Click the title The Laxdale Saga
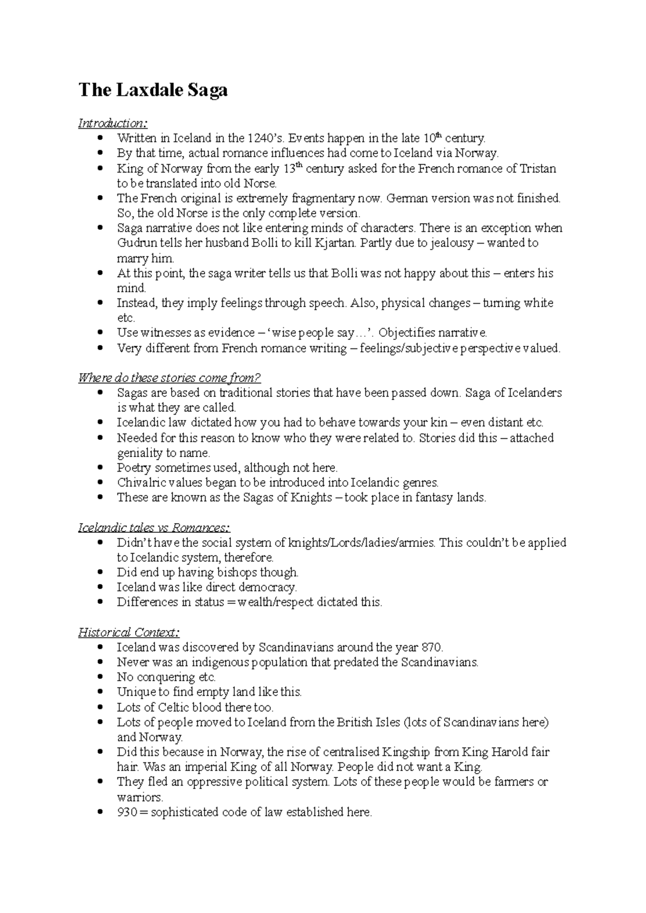[153, 89]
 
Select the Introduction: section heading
[113, 124]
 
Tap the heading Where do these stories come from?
[170, 377]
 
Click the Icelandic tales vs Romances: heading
[154, 527]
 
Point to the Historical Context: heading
[129, 632]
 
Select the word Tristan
[538, 169]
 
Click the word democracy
[267, 588]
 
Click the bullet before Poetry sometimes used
[100, 468]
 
